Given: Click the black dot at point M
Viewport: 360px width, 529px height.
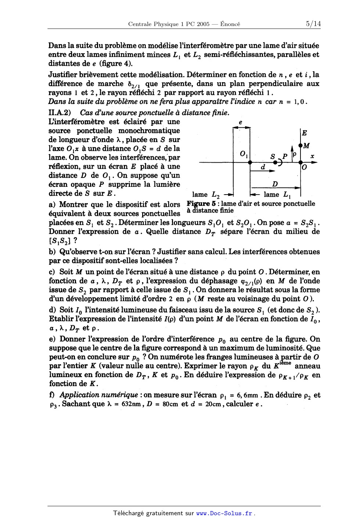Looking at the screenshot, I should click(301, 146).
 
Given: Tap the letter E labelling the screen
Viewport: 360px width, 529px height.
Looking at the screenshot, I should click(305, 134).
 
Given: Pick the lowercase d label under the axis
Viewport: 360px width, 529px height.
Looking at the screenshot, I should click(263, 167).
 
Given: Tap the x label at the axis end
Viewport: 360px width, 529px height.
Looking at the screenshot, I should click(312, 156).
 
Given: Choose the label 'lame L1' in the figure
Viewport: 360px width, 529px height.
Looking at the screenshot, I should click(276, 195).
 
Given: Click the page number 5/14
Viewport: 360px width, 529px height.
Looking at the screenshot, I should click(313, 24).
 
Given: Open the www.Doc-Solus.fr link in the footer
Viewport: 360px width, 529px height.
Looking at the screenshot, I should click(224, 513).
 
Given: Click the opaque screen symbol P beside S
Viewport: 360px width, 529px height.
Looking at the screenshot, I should click(284, 157).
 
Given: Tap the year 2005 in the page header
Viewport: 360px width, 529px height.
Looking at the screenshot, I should click(203, 24).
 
